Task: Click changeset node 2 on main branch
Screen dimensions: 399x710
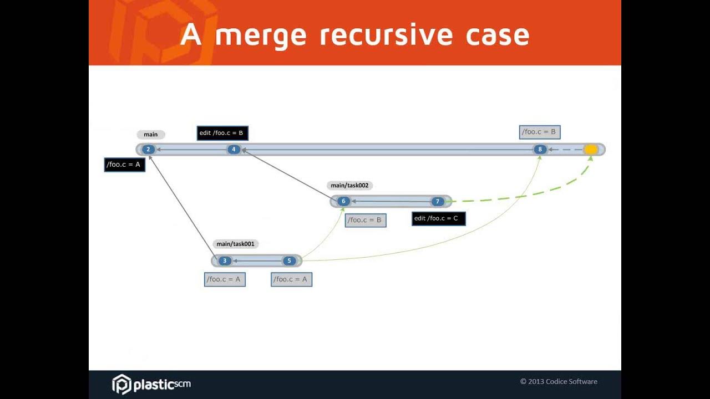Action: pyautogui.click(x=148, y=150)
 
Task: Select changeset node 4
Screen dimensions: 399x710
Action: pyautogui.click(x=234, y=150)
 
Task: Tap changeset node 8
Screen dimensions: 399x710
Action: pyautogui.click(x=540, y=150)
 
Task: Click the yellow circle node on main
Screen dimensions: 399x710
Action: pyautogui.click(x=591, y=150)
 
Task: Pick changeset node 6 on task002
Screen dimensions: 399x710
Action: pyautogui.click(x=343, y=202)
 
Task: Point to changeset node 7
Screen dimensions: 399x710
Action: pyautogui.click(x=437, y=202)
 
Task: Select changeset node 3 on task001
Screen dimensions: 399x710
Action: pyautogui.click(x=225, y=261)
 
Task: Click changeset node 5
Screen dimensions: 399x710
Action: pyautogui.click(x=289, y=261)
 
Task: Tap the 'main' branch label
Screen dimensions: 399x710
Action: pyautogui.click(x=151, y=135)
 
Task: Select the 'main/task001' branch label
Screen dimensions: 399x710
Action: pyautogui.click(x=235, y=244)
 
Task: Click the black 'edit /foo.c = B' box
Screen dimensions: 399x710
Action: pyautogui.click(x=222, y=133)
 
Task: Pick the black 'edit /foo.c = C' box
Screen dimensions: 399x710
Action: pyautogui.click(x=438, y=218)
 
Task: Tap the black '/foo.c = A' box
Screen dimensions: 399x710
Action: pyautogui.click(x=125, y=165)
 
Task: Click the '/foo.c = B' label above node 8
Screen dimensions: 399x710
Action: pyautogui.click(x=540, y=132)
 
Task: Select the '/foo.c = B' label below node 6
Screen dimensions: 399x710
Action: pyautogui.click(x=366, y=220)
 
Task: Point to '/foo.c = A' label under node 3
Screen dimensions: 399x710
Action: pyautogui.click(x=225, y=279)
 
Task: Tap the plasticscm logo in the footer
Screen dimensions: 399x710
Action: pyautogui.click(x=151, y=383)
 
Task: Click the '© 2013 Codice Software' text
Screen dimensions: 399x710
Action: pyautogui.click(x=559, y=381)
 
